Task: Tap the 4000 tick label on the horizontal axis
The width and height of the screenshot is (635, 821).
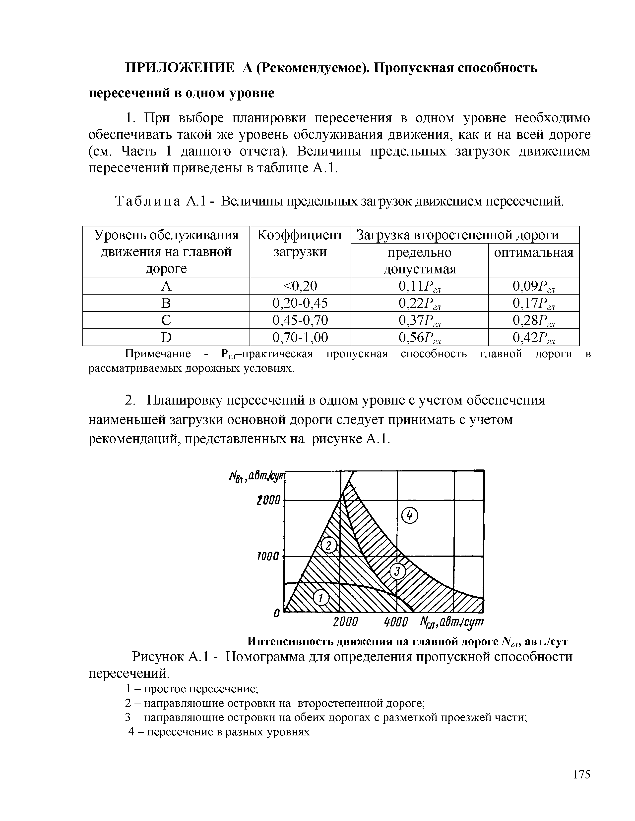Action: point(396,622)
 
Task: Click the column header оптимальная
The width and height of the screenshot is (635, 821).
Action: point(533,253)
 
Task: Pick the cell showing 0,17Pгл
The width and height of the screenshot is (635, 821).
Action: point(533,303)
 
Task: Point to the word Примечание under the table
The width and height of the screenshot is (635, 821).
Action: point(158,354)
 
